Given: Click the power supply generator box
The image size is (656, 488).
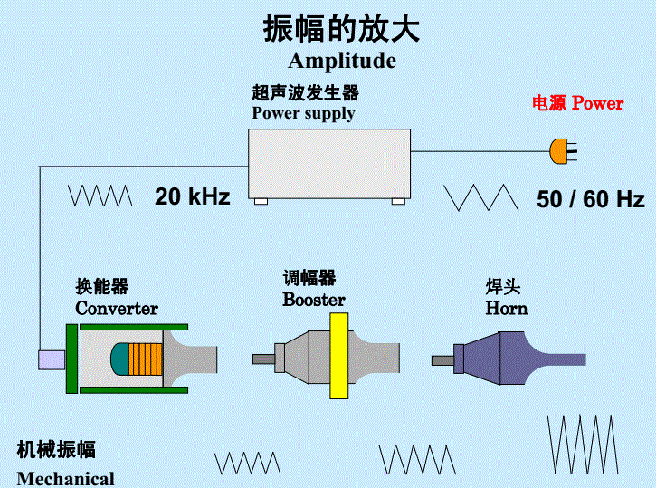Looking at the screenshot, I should click(x=328, y=162).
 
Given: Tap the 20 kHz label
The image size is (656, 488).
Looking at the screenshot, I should click(x=192, y=196).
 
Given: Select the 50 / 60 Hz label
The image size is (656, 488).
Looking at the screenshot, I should click(x=590, y=199).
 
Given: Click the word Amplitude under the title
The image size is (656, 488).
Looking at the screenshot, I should click(x=342, y=62).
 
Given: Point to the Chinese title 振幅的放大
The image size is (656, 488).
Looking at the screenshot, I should click(x=341, y=29).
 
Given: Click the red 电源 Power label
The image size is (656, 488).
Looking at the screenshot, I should click(x=577, y=103).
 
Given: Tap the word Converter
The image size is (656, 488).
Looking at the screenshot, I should click(x=117, y=309).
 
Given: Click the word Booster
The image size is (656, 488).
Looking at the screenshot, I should click(x=314, y=299).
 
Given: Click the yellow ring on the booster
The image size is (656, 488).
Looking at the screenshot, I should click(x=338, y=356).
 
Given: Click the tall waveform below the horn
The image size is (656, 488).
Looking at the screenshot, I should click(x=583, y=445).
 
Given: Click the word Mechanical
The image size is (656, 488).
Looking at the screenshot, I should click(x=66, y=478).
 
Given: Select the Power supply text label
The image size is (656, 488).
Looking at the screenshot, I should click(x=303, y=113).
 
